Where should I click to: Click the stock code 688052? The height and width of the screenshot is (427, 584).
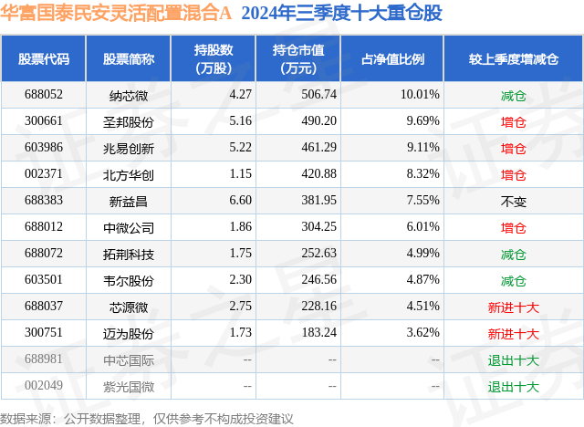tap(44, 95)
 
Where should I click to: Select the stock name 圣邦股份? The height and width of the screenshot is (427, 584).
tap(128, 121)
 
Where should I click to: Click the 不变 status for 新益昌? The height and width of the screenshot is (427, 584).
tap(513, 201)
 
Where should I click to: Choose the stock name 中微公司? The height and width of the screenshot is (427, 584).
tap(128, 227)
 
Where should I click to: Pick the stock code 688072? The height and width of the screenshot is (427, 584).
tap(44, 254)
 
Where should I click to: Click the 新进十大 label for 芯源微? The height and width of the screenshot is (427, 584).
tap(513, 307)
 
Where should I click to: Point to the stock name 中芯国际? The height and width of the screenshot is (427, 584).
tap(128, 359)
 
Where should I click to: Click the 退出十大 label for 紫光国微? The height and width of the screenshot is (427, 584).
tap(513, 386)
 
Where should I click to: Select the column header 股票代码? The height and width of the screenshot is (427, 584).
tap(44, 58)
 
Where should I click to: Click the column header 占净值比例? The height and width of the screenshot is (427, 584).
tap(400, 58)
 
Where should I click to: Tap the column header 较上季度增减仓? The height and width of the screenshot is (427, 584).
tap(513, 58)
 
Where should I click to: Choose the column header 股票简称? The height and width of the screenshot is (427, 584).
tap(128, 58)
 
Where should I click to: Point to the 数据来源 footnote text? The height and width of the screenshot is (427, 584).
tap(146, 418)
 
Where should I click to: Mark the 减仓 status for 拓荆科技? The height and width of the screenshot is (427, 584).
tap(513, 254)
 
